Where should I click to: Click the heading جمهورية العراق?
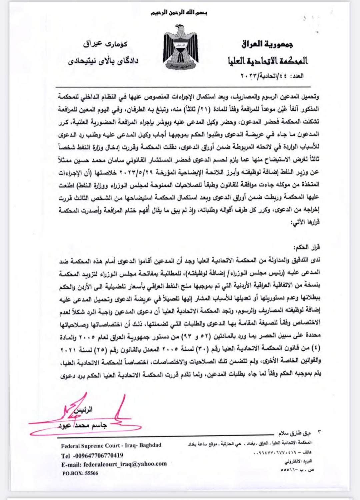point(267,44)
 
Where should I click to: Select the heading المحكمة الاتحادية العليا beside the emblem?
point(268,60)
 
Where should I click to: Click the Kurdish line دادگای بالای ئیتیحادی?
point(103,61)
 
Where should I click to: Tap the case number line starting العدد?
point(272,76)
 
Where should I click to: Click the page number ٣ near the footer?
point(320,433)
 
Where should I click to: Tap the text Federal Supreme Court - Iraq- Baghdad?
point(111,445)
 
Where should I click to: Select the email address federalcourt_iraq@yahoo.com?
point(125,464)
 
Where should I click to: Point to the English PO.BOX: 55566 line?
point(80,473)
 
